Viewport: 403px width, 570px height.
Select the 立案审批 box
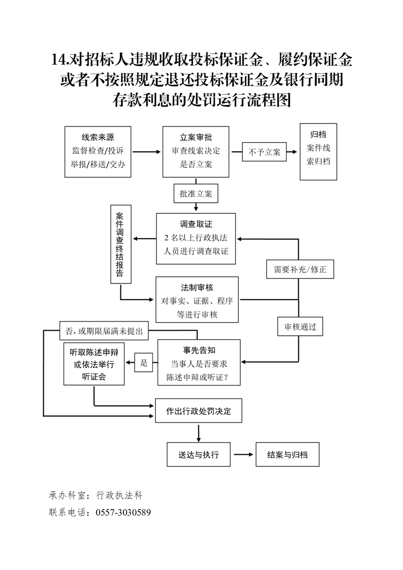[196, 151]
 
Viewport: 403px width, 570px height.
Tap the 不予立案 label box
[264, 152]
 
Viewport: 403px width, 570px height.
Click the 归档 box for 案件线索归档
[318, 151]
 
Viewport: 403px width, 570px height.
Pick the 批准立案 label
[196, 194]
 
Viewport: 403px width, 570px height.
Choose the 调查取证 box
[196, 238]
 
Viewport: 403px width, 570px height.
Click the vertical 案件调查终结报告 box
[120, 244]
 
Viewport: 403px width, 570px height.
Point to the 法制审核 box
[197, 300]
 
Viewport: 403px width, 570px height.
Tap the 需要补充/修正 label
[300, 269]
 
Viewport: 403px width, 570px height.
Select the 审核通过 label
[300, 327]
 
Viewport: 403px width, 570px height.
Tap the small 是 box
[144, 363]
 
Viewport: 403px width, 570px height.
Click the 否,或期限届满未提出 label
[104, 331]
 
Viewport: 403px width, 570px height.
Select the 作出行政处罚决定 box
[198, 411]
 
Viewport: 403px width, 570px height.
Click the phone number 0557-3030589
[123, 512]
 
